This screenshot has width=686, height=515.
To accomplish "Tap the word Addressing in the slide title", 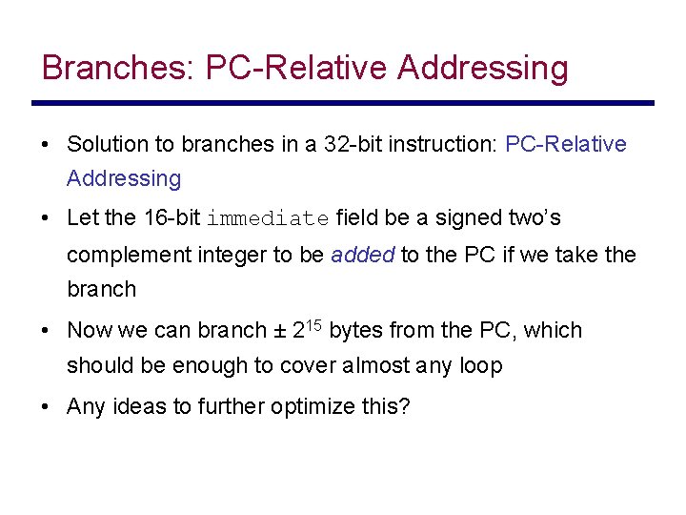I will point(483,68).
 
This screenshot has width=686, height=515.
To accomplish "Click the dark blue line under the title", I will point(343,103).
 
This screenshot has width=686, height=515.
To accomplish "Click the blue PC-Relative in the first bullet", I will point(566,145).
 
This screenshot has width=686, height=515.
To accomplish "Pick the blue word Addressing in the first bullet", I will point(124,178).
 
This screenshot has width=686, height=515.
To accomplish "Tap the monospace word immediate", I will point(268,218).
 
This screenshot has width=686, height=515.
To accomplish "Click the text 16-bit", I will point(171,218).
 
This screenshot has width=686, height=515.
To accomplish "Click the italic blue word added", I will point(362,255).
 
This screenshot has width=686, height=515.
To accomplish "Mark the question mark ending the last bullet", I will point(405,407).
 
